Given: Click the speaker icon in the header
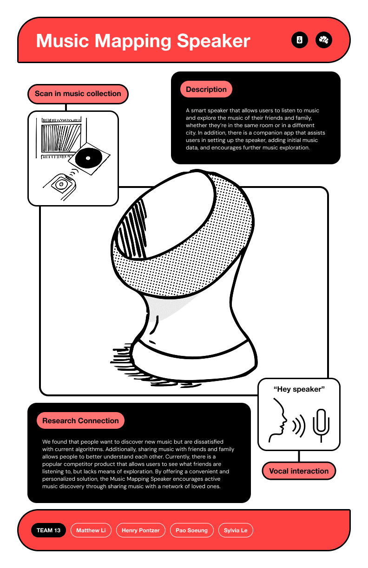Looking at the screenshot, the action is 299,40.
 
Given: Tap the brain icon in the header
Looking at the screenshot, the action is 323,40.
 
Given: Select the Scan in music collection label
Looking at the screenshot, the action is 78,94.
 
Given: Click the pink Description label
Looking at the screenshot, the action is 206,89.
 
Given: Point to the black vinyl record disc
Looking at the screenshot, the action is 88,158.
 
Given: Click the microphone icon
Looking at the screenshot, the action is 321,425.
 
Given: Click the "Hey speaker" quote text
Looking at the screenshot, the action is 299,389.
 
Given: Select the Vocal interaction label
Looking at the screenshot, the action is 299,471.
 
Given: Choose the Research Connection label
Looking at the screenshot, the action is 80,421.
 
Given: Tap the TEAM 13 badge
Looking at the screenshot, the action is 48,530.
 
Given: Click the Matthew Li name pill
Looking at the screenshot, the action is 91,530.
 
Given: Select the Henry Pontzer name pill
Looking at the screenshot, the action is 141,530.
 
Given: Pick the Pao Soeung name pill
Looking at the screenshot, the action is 192,530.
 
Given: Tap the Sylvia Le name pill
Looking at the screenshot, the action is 236,530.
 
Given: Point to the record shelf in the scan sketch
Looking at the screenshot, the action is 61,138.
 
